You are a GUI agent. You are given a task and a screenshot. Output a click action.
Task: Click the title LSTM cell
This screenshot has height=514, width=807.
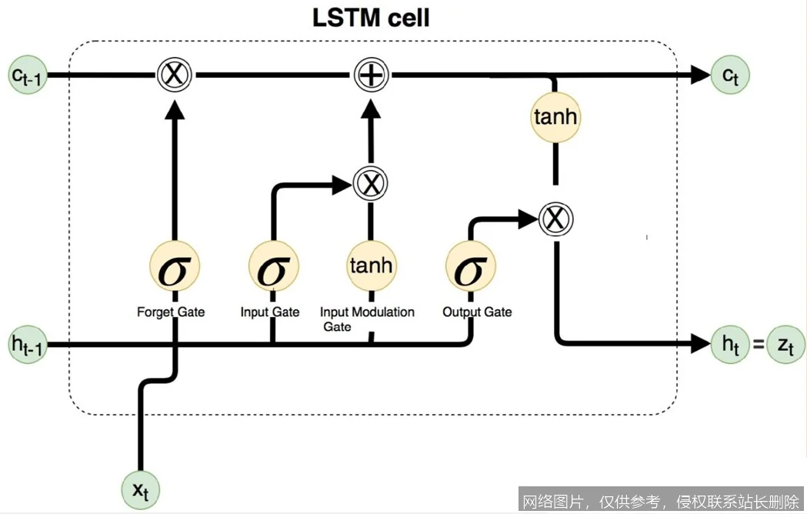coord(371,17)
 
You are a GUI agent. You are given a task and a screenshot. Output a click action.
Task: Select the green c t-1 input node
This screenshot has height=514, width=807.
coord(29,75)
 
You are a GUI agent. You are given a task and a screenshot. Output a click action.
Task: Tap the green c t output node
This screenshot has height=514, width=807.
coord(729,75)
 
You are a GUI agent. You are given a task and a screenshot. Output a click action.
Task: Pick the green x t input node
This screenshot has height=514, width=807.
coord(140,489)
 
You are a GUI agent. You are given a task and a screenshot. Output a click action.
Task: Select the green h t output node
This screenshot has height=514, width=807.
coord(729,344)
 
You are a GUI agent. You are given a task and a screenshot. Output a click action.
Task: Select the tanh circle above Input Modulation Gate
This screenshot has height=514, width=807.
coord(371,266)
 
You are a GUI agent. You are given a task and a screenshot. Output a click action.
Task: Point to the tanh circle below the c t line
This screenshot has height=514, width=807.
coord(555,118)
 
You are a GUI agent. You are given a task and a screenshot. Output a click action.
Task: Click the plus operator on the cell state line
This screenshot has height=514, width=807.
coord(372,75)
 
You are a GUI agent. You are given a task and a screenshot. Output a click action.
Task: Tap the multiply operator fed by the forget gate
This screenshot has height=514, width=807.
coord(174,75)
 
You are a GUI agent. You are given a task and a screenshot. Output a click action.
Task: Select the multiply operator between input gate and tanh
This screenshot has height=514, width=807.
coord(371,183)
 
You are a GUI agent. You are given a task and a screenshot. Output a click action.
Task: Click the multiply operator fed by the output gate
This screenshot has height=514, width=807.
coord(555,219)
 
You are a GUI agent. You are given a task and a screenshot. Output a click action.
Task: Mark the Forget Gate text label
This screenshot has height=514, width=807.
coord(171,312)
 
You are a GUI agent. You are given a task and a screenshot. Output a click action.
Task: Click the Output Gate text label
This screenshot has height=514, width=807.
coord(477,312)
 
